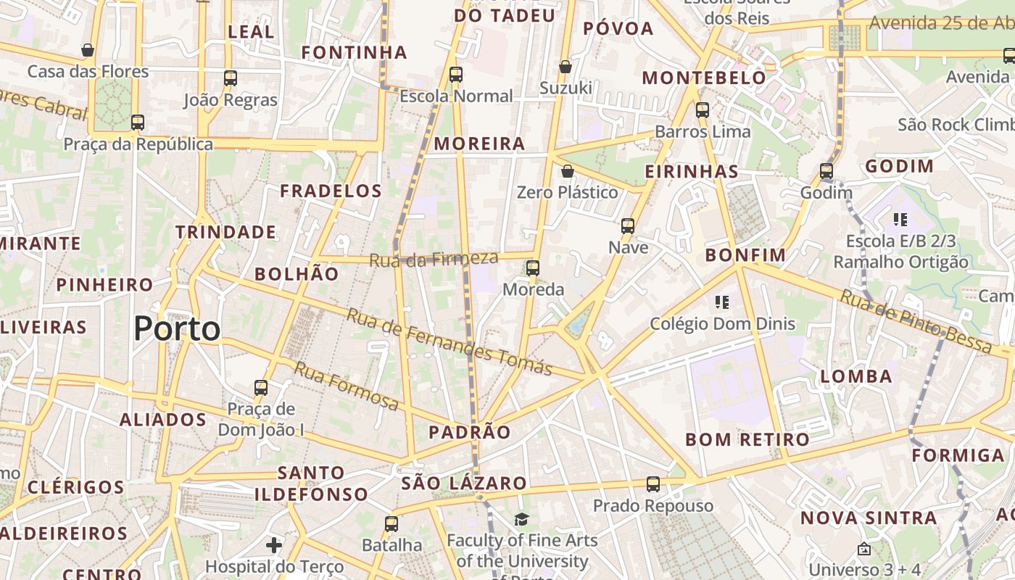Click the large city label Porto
point(177,329)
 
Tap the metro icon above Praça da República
point(138,123)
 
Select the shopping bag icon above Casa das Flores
point(88,50)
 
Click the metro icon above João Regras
point(231,78)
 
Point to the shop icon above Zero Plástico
point(568,171)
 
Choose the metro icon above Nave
point(628,226)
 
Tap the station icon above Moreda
point(533,268)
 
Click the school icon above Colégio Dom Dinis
point(721,302)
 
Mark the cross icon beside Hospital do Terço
point(274,544)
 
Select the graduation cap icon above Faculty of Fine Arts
point(521,519)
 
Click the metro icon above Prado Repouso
point(653,484)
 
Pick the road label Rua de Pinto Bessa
point(916,322)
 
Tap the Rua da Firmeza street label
point(434,259)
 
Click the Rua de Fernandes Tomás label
point(449,341)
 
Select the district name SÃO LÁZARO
point(464,483)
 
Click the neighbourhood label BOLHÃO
point(297,274)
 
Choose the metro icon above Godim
point(826,172)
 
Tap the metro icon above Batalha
point(391,523)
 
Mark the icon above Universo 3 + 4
point(863,549)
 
